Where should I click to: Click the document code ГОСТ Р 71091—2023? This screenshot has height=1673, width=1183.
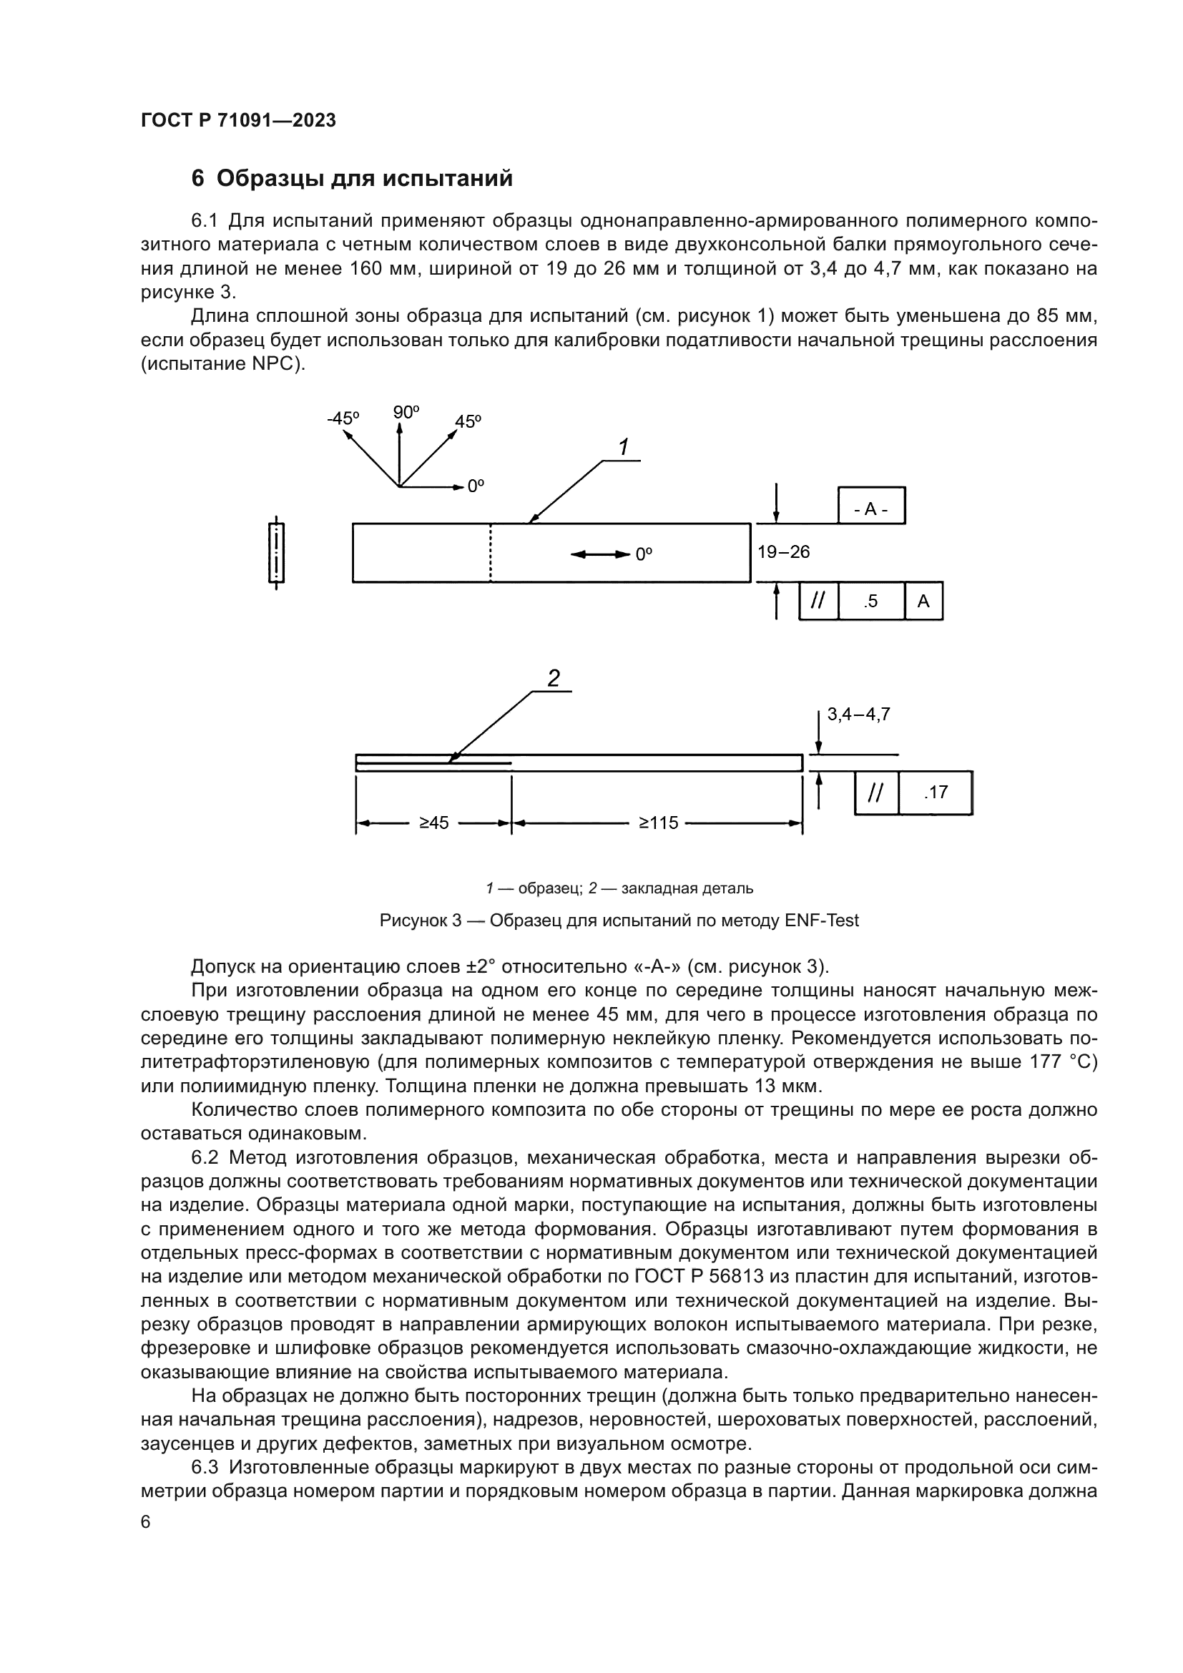[x=238, y=120]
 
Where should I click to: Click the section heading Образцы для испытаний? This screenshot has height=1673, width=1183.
[x=364, y=179]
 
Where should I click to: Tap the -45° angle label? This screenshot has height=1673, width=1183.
[x=343, y=418]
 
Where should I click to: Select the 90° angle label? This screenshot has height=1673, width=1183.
[x=406, y=413]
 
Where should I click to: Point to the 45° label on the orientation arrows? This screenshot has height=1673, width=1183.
[x=468, y=422]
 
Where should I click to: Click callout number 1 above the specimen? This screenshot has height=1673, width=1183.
[x=624, y=447]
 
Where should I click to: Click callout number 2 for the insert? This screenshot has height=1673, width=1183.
[x=553, y=678]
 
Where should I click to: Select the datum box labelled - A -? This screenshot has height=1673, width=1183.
[x=871, y=509]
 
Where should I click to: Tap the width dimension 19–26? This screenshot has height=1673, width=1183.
[x=783, y=552]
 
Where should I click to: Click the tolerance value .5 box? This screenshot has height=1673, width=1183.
[x=870, y=601]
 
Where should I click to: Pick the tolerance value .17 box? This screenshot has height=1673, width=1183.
[x=936, y=792]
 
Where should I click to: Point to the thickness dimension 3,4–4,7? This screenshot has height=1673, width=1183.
[x=858, y=715]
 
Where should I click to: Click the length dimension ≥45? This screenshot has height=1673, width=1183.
[x=433, y=823]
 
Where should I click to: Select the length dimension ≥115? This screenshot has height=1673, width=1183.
[x=658, y=823]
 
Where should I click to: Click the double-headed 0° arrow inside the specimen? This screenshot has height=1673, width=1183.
[x=600, y=554]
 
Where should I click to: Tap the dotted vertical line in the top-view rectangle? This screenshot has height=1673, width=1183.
[x=490, y=553]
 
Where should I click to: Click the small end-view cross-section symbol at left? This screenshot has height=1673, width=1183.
[x=276, y=553]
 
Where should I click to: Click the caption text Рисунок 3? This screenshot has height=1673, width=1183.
[x=420, y=921]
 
